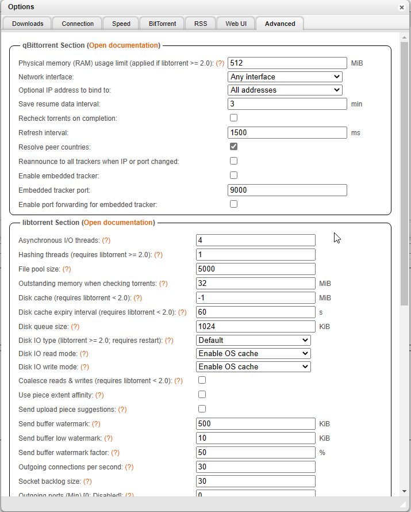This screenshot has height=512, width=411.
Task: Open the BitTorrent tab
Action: tap(162, 24)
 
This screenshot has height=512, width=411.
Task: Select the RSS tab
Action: tap(201, 24)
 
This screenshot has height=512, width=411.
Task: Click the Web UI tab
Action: tap(236, 24)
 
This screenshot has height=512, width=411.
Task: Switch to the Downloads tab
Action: tap(28, 24)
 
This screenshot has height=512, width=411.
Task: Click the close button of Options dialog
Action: tap(401, 7)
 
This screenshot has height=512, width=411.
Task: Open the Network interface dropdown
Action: tap(285, 77)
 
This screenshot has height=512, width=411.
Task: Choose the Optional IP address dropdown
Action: tap(285, 90)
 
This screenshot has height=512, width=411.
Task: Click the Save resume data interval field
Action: tap(287, 104)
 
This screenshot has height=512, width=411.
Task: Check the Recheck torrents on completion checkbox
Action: tap(234, 118)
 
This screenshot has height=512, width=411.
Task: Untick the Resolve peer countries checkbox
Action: tap(234, 147)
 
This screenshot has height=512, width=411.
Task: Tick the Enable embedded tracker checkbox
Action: tap(234, 175)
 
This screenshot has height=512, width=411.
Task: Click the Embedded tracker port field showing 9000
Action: tap(287, 190)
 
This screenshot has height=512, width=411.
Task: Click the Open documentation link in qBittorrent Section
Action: tap(124, 45)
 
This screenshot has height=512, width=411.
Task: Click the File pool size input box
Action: tap(256, 269)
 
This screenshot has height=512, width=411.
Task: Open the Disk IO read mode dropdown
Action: tap(253, 353)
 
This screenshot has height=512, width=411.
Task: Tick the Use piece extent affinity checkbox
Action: tap(202, 395)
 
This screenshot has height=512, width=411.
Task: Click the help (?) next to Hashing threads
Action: tap(158, 255)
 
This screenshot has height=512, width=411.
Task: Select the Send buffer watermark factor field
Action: tap(256, 453)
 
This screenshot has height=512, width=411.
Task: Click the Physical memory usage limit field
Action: tap(287, 63)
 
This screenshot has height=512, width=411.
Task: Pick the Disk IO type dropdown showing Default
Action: tap(253, 340)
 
